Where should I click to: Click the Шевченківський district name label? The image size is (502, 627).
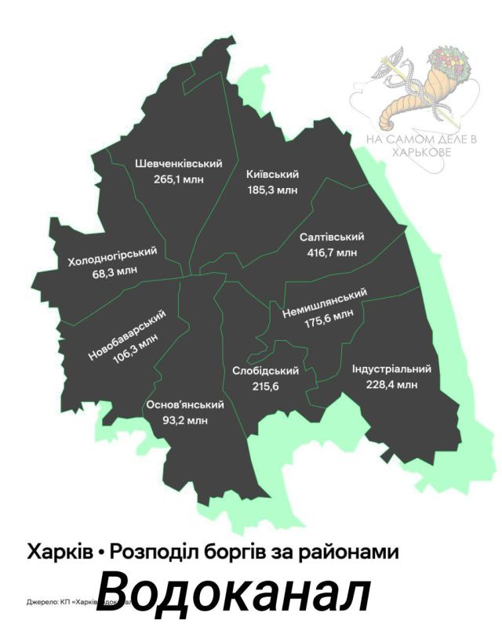click(x=178, y=164)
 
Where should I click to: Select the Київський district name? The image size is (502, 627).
click(x=272, y=174)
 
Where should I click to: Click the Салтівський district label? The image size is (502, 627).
click(x=332, y=237)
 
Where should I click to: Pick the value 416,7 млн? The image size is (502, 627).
click(x=332, y=252)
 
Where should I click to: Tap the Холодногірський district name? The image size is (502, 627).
click(x=112, y=256)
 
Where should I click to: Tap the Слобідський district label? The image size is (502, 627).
click(x=267, y=371)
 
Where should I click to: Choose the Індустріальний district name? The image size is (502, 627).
click(x=391, y=369)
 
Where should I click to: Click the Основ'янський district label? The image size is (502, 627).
click(x=185, y=404)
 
